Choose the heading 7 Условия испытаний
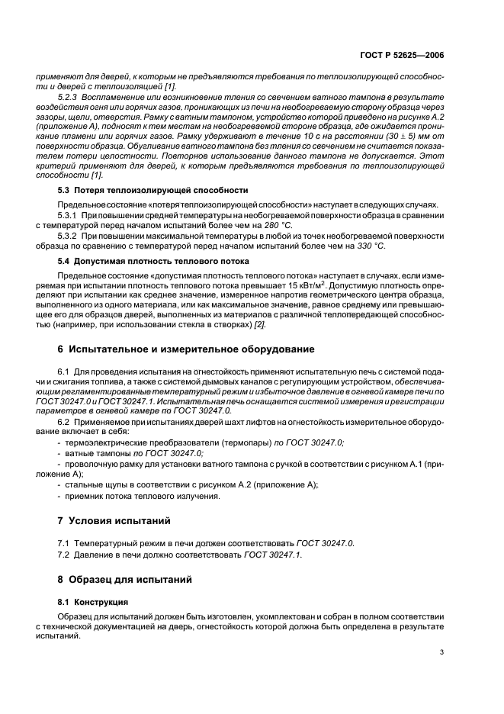pos(116,520)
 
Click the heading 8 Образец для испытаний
pos(126,579)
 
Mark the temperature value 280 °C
pos(277,225)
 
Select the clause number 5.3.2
pos(69,236)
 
